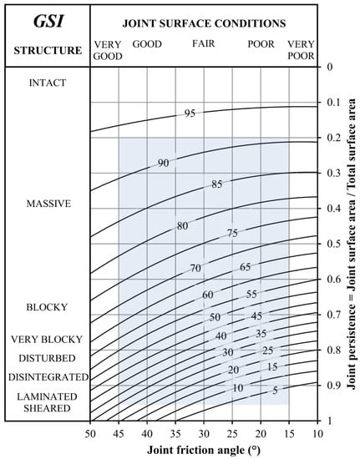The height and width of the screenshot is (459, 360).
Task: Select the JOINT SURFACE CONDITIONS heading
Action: click(203, 23)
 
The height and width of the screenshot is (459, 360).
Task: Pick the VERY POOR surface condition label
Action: click(301, 49)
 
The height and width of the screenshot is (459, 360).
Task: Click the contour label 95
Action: click(190, 113)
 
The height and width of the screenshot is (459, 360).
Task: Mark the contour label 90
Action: click(164, 164)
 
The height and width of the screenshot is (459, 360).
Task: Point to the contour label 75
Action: click(233, 235)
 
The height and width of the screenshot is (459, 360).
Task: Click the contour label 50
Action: click(215, 318)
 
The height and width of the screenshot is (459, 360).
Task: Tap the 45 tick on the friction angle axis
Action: click(119, 432)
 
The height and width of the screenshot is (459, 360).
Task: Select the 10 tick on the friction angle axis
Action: click(317, 432)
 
